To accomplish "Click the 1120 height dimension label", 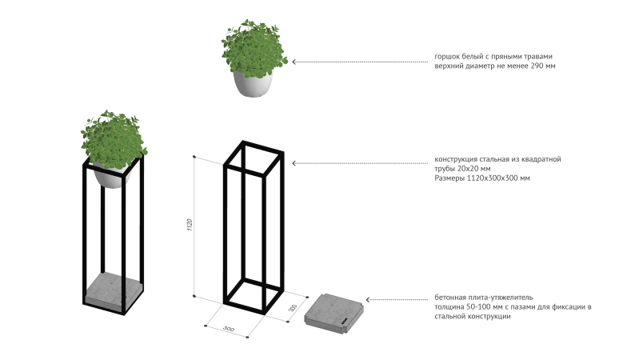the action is pos(190,225).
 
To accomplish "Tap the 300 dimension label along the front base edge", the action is pos(229,329).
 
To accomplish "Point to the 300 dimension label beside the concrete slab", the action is pos(293,308).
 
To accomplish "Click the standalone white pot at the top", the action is pos(253,83).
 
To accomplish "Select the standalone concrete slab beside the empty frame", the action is pos(333,310).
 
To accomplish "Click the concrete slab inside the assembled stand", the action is pos(114,290).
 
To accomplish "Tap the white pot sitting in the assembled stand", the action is pos(111,174).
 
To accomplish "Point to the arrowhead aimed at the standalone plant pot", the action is pos(294,62).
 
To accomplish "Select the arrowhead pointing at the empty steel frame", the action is pos(294,163).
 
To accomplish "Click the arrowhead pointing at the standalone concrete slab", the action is pos(368,300).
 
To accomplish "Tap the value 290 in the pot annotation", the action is pos(537,66).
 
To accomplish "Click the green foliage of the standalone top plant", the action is pos(254,48).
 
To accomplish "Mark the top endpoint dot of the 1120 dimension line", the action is pos(194,157).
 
